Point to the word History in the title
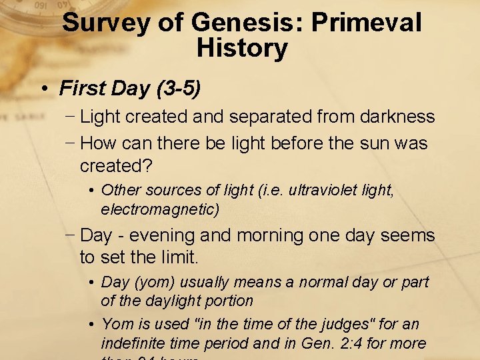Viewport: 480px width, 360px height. (242, 48)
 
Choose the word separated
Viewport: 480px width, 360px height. (268, 117)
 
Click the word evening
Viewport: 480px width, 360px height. (161, 235)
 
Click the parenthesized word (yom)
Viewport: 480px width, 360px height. (156, 283)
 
